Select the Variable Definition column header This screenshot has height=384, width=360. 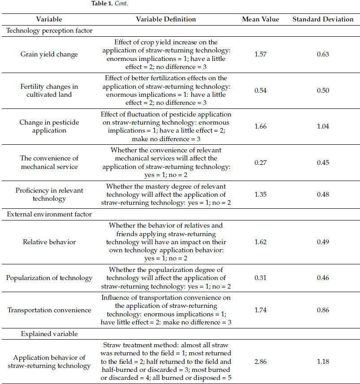166,19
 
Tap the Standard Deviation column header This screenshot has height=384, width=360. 323,19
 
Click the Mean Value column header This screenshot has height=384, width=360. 260,19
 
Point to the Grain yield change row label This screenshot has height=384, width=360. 49,54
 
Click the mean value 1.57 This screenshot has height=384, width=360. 260,54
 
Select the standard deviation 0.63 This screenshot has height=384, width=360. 323,54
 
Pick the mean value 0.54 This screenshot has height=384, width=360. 260,91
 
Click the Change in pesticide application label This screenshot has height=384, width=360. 49,126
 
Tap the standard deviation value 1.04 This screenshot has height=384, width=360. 323,126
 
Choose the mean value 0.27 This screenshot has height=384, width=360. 260,163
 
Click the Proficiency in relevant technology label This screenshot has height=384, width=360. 49,194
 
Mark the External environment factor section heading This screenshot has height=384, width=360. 49,214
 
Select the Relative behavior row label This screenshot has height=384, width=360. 49,242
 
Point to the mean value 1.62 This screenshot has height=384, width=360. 260,242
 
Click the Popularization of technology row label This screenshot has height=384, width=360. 49,278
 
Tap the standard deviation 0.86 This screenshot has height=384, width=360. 323,310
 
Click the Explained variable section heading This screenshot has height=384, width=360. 43,334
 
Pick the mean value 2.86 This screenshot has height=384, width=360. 260,362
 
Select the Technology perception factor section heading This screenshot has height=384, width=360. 49,31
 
